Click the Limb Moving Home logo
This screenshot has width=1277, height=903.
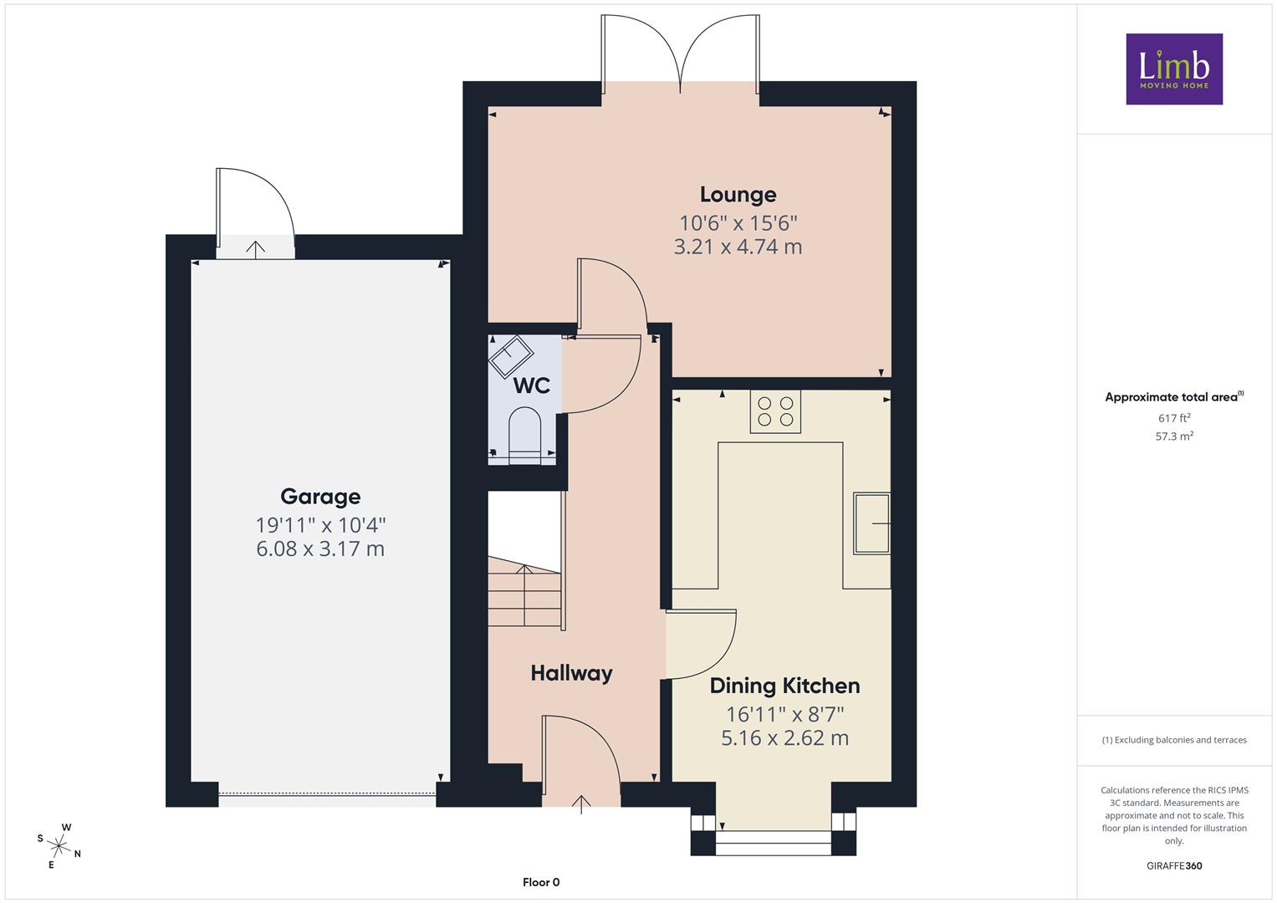click(1174, 69)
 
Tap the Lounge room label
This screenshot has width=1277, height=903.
click(738, 194)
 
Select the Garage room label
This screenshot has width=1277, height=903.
click(320, 497)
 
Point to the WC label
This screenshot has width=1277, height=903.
click(531, 385)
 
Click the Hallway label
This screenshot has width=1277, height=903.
click(572, 673)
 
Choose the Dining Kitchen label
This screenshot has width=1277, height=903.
click(784, 686)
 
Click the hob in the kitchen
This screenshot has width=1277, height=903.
click(775, 411)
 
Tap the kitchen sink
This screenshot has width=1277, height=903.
click(871, 523)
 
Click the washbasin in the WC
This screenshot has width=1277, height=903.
click(511, 358)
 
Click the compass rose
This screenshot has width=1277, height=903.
click(59, 845)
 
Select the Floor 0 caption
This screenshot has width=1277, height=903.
click(541, 882)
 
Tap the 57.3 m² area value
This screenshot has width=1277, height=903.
click(1174, 436)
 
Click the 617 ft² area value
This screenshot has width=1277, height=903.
click(1174, 418)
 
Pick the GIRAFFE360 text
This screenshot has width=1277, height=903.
click(1174, 865)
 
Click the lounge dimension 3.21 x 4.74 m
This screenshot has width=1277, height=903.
click(738, 247)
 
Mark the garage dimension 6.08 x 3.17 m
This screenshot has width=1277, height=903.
click(320, 548)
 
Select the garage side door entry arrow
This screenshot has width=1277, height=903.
click(255, 249)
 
